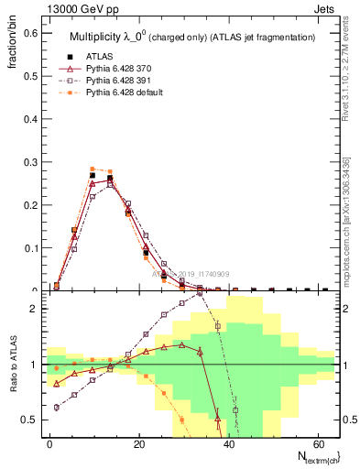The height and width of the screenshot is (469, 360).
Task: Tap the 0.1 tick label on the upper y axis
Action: [30, 247]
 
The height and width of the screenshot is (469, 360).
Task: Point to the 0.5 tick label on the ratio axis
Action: [30, 420]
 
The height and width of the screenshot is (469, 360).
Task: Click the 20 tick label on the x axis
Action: [138, 442]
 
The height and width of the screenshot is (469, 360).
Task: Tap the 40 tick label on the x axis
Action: [228, 442]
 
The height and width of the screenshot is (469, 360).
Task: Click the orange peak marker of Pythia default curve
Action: [93, 169]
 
